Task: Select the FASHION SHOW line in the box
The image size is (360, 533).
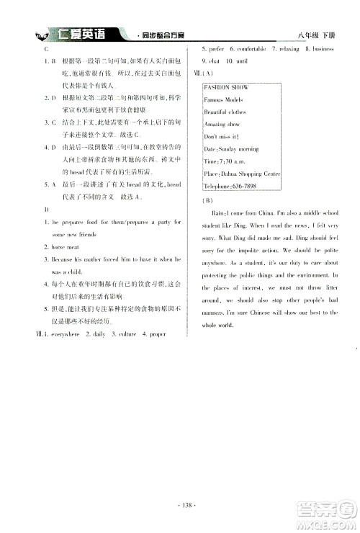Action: (227, 87)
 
